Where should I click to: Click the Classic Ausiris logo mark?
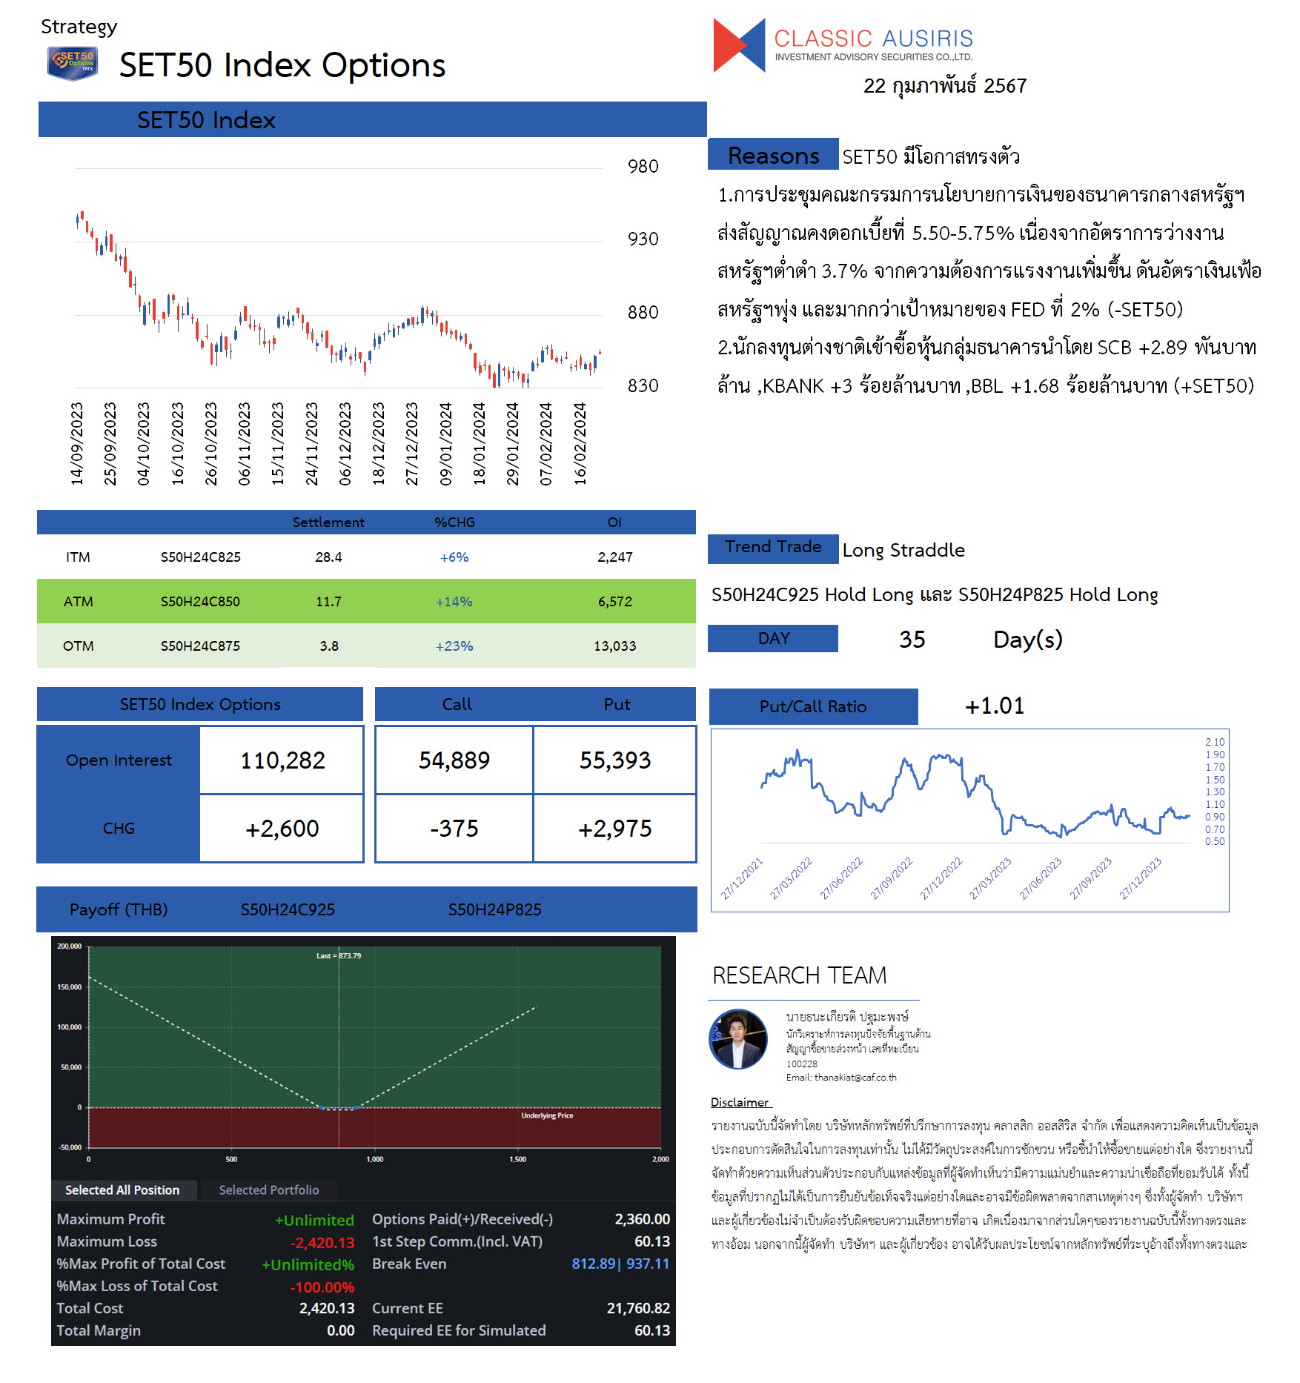(738, 45)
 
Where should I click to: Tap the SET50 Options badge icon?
(72, 63)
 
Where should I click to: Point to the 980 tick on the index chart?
(643, 166)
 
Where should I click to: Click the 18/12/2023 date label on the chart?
(379, 443)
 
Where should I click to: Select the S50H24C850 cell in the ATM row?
(200, 601)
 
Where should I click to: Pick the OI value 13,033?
(614, 646)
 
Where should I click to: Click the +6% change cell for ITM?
(454, 557)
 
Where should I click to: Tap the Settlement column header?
(328, 522)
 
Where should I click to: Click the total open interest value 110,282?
(282, 760)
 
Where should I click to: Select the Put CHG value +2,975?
(614, 828)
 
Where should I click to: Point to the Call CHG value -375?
(454, 828)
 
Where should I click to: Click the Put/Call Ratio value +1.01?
(994, 706)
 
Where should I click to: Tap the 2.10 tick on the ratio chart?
(1215, 742)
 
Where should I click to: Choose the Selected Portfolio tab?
(269, 1190)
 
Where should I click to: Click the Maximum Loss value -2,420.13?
(322, 1242)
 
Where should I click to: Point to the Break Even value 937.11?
(648, 1264)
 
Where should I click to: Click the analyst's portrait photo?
(738, 1039)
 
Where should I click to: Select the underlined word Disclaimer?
(740, 1102)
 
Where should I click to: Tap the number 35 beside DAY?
(912, 639)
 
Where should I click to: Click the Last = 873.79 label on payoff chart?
(339, 955)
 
